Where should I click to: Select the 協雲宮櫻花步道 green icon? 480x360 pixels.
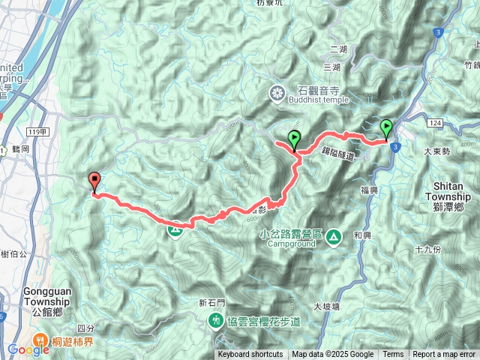(215, 321)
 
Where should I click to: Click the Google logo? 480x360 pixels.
(28, 349)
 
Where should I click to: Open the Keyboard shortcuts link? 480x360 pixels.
(250, 355)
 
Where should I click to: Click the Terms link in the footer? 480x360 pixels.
(393, 355)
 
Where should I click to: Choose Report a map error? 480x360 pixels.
(444, 355)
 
